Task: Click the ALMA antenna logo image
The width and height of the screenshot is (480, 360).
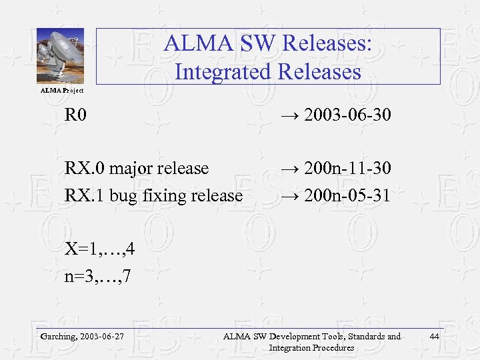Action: point(60,55)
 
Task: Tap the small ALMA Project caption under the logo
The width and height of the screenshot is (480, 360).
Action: point(63,90)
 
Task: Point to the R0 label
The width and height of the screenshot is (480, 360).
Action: point(75,117)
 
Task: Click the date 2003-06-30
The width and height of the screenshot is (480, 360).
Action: point(347,117)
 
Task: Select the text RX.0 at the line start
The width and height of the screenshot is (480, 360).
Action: point(85,169)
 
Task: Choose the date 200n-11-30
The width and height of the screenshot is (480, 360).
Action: point(347,169)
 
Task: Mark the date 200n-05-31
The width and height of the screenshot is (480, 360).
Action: point(347,195)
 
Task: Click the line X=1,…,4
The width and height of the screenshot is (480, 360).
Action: point(100,249)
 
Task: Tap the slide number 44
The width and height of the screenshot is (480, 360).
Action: point(435,337)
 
